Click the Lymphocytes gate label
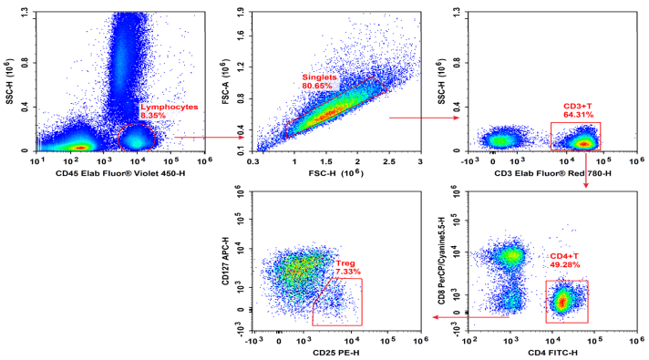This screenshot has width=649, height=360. [x=169, y=107]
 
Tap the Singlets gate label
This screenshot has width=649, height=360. [x=319, y=77]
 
